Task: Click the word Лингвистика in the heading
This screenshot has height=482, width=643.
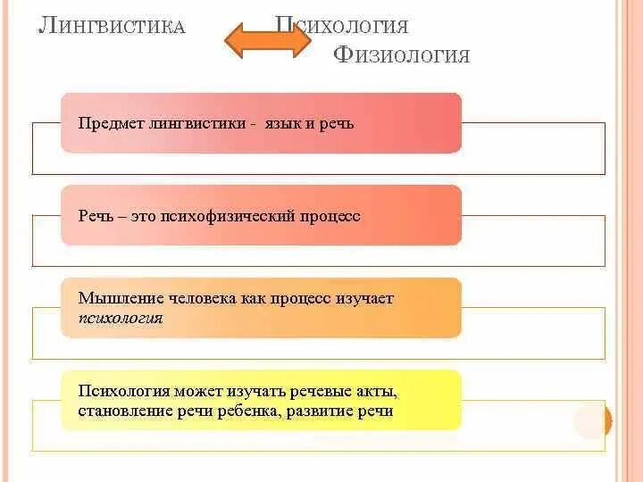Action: click(x=113, y=25)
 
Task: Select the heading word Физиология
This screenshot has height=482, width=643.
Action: click(x=401, y=55)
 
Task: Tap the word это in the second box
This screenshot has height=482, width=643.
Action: click(x=146, y=216)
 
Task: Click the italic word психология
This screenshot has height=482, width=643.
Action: click(x=121, y=317)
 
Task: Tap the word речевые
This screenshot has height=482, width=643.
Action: click(x=320, y=392)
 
